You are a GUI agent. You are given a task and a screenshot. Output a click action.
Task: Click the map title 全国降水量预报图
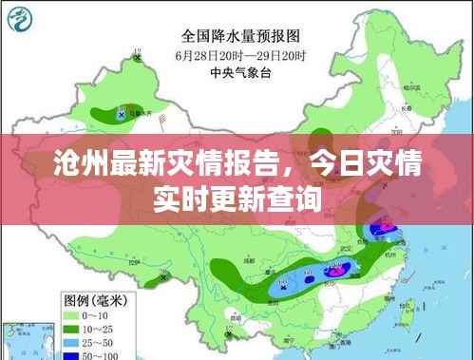tap(241, 36)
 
